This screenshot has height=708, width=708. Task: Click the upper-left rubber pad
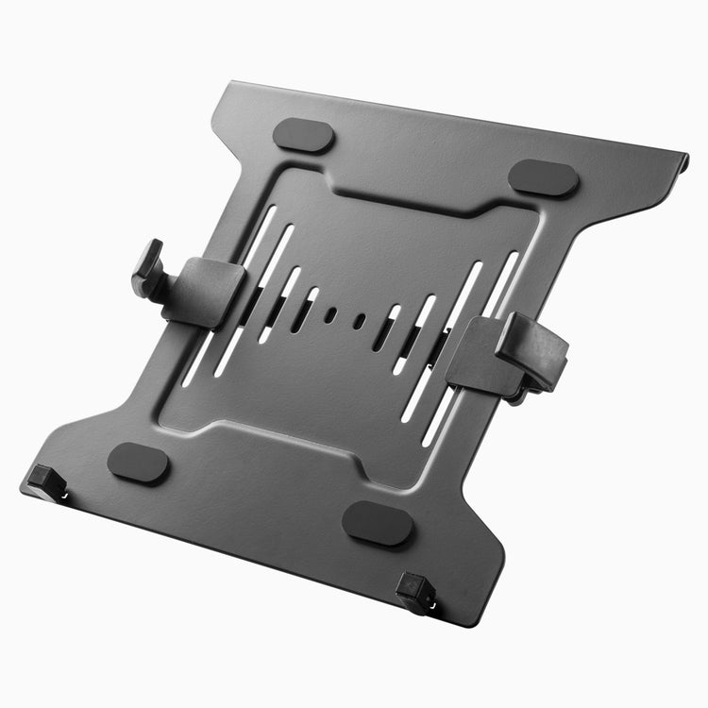tap(303, 135)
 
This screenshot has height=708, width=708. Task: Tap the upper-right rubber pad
tap(543, 177)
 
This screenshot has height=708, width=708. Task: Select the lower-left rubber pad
tap(138, 463)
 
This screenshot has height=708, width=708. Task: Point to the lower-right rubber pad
tap(377, 522)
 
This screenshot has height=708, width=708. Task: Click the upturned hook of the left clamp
tap(148, 269)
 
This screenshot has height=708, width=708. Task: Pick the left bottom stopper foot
tap(45, 480)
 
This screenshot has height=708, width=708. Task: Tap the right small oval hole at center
tap(359, 321)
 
